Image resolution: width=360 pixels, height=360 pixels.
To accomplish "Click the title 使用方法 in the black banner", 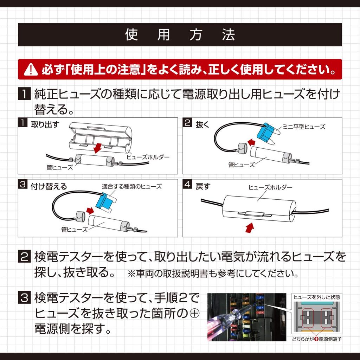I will [x=180, y=35].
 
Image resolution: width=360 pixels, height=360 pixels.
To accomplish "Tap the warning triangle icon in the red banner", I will [x=31, y=70].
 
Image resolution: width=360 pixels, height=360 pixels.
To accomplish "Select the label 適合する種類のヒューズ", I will [x=132, y=187].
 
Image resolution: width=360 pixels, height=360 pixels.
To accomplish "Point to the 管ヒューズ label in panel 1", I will [x=59, y=167].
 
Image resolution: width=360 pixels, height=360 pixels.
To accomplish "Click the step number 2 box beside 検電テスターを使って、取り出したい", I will [x=24, y=257].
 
